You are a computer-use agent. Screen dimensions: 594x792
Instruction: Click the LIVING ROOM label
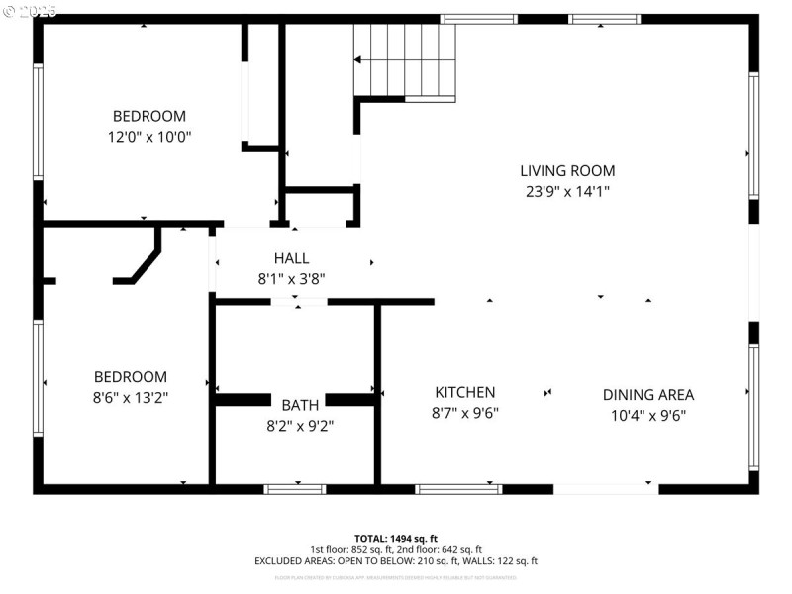[567, 170]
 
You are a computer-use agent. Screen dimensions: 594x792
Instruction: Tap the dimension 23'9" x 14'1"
[567, 192]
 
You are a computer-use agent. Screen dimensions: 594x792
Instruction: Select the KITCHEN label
[464, 392]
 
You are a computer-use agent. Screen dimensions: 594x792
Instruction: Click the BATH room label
[300, 405]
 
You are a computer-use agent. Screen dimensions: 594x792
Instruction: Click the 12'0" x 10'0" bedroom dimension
[148, 137]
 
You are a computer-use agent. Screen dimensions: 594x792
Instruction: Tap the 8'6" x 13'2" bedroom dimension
[131, 398]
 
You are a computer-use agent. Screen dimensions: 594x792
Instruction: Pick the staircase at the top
[405, 59]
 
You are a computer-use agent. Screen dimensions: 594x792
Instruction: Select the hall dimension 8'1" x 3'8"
[291, 279]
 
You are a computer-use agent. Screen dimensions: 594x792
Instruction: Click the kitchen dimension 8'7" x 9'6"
[464, 414]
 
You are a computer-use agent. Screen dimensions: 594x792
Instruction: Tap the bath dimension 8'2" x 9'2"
[300, 427]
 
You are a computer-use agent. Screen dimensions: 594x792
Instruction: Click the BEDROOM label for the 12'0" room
[148, 116]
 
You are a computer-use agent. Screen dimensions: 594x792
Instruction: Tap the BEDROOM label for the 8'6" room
[131, 376]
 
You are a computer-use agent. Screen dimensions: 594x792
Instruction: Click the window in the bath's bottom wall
[295, 488]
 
